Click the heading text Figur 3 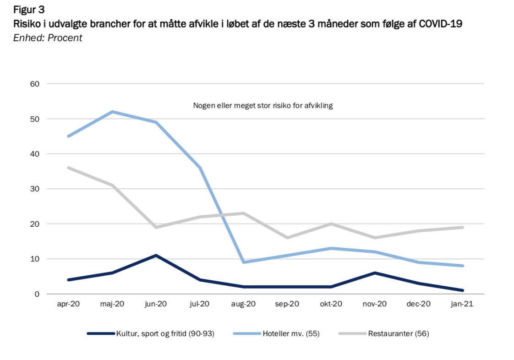click(29, 10)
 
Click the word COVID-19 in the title click(441, 24)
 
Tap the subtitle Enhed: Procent click(48, 38)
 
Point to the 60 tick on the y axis click(35, 84)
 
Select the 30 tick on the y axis click(35, 189)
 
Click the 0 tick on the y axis click(37, 294)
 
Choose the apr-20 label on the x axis click(68, 304)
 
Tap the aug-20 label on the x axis click(243, 304)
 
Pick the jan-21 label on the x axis click(462, 304)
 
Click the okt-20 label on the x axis click(331, 304)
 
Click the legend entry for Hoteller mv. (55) click(276, 333)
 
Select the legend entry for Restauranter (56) click(384, 333)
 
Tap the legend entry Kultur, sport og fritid click(151, 333)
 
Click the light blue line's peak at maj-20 click(112, 112)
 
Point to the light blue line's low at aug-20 click(243, 262)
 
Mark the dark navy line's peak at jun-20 click(156, 256)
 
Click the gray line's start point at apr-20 click(68, 168)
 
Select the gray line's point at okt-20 click(331, 224)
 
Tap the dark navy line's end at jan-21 click(462, 290)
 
